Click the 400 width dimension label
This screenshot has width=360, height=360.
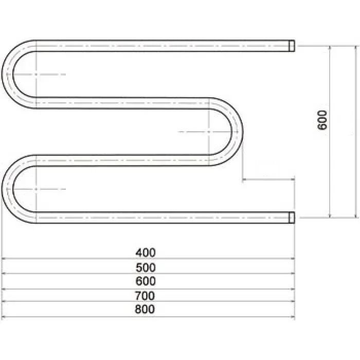(x=146, y=253)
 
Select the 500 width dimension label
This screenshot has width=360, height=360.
(x=146, y=268)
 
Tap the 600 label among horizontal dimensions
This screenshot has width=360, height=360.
(x=146, y=281)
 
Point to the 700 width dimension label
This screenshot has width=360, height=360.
(x=145, y=296)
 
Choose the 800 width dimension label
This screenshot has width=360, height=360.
(x=145, y=309)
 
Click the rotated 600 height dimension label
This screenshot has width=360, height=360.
(x=322, y=120)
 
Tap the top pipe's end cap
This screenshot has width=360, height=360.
(x=292, y=46)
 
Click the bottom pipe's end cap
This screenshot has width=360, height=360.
(x=292, y=218)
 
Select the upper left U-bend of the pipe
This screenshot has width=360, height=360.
(x=7, y=74)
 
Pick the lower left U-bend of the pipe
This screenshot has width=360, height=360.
(x=7, y=189)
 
